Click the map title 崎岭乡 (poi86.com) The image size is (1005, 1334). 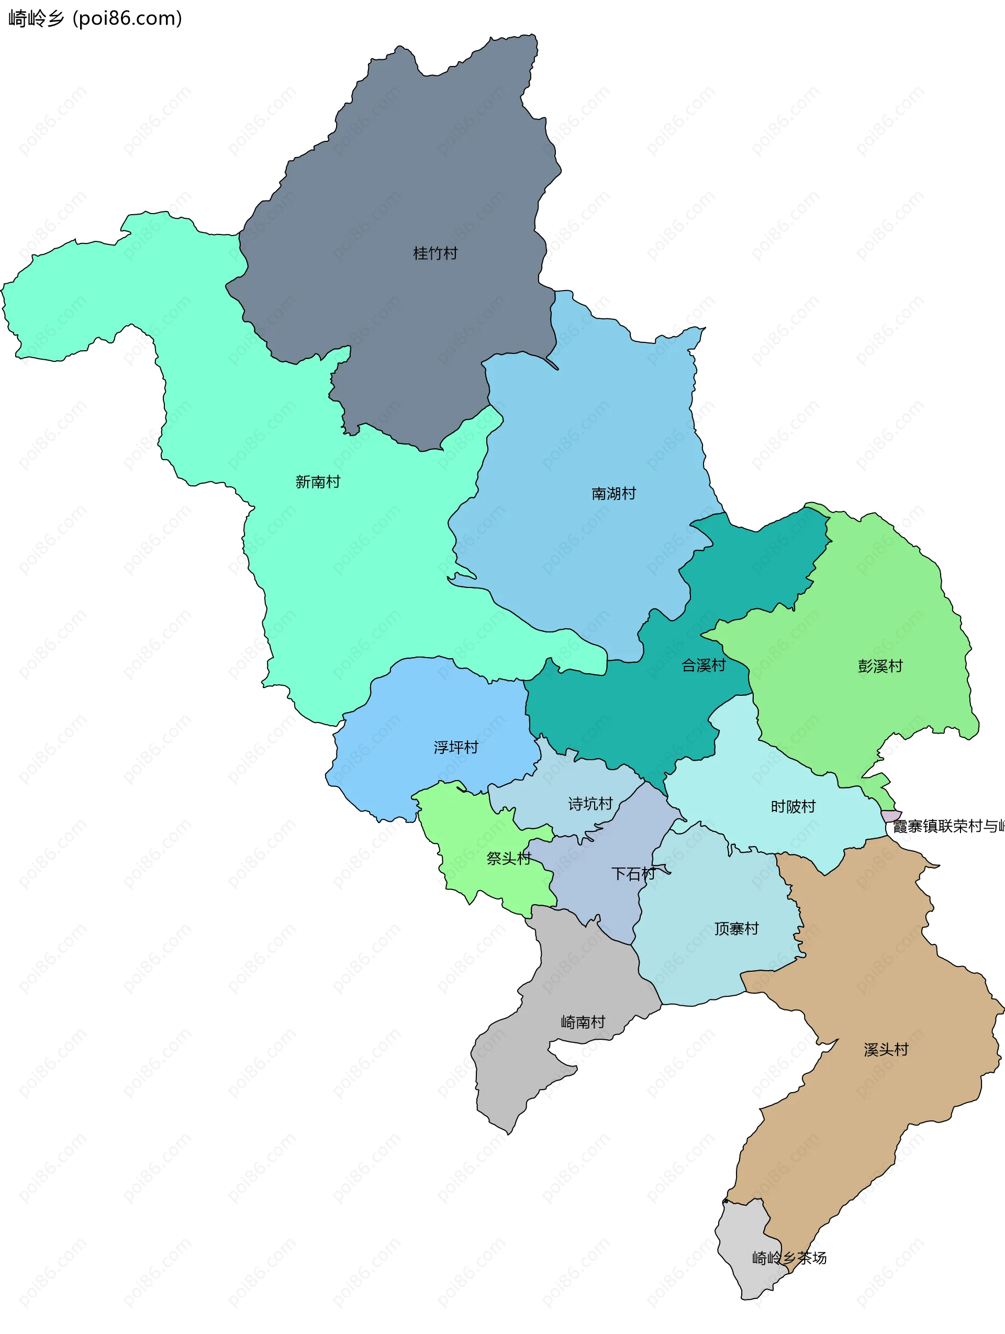point(95,19)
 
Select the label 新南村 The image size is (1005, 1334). point(318,482)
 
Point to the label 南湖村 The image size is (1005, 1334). point(614,494)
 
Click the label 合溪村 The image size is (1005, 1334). point(703,666)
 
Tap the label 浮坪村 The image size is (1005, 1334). point(456,748)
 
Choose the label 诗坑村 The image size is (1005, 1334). point(590,804)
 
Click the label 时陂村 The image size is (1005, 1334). point(793,807)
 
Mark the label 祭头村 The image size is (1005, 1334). point(508,859)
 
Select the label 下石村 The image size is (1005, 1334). point(633,874)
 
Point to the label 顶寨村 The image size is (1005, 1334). point(736,929)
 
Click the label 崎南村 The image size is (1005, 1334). point(583,1022)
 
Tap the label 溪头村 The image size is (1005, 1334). point(886,1050)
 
